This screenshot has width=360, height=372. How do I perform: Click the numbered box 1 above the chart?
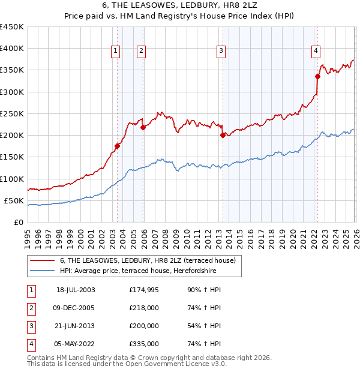click(115, 52)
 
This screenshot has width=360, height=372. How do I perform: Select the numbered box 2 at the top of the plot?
click(140, 52)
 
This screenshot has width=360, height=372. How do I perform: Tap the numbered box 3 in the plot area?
click(221, 52)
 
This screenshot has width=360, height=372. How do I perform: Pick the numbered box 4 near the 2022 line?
click(315, 52)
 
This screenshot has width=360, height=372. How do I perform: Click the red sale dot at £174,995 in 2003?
click(118, 146)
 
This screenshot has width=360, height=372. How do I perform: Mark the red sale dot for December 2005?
click(143, 127)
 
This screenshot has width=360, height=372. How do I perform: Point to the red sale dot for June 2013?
click(223, 135)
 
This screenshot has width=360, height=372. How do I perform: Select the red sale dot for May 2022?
click(317, 76)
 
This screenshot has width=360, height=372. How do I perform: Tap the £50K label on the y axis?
click(14, 200)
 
